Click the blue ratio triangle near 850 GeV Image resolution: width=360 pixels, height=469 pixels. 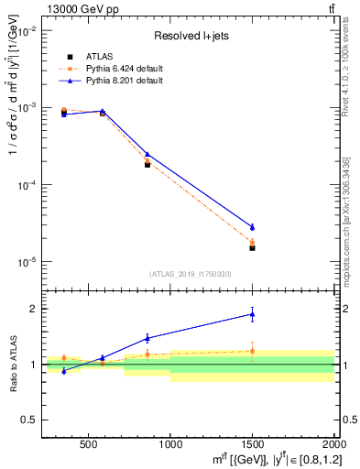(147, 338)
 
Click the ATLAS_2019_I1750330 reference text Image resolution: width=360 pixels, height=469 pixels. (190, 274)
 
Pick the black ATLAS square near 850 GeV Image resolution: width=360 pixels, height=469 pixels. (147, 165)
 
